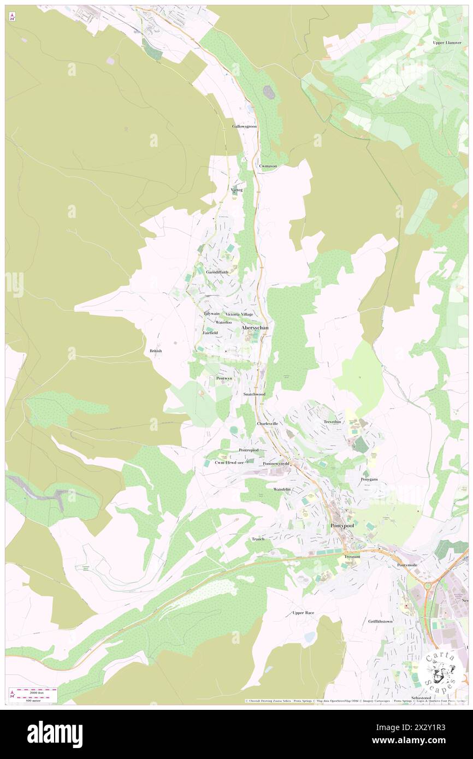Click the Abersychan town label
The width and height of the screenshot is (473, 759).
click(x=255, y=328)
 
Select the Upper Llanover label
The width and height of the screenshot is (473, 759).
click(x=447, y=42)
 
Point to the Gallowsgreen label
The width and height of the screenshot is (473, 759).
click(x=244, y=126)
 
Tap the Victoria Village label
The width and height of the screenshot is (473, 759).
click(x=239, y=315)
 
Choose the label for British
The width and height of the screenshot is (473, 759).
click(x=156, y=351)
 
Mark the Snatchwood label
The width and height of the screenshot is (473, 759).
click(x=254, y=394)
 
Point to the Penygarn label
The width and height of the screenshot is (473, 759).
click(x=369, y=479)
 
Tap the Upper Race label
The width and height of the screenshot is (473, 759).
click(x=303, y=613)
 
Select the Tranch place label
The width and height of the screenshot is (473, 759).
click(x=258, y=539)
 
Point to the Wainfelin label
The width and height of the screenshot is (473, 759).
click(x=282, y=489)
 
